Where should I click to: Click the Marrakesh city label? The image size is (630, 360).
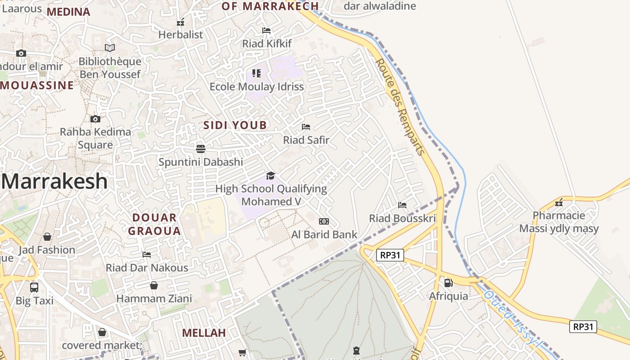[55, 182]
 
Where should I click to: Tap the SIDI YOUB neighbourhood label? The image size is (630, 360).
[235, 125]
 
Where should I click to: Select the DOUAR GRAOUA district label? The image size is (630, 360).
[154, 225]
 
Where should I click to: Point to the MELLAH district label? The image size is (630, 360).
[204, 333]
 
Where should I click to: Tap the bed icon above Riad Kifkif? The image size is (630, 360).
[266, 31]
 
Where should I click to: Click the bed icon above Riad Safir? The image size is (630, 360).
[306, 127]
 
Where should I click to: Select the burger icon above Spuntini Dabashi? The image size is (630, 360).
[201, 148]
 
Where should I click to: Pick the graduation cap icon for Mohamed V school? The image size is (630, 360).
[270, 175]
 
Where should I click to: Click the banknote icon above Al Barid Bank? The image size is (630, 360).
[324, 221]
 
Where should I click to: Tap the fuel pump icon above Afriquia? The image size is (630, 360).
[448, 283]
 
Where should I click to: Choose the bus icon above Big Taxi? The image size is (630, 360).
[34, 287]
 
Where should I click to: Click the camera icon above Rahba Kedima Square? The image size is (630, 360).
[95, 119]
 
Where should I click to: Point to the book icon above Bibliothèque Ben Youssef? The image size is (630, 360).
[110, 48]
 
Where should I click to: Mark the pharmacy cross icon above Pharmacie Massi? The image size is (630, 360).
[559, 203]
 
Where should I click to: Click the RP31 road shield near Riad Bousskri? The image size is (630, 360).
[390, 256]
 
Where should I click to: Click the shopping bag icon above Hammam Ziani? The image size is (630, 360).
[154, 285]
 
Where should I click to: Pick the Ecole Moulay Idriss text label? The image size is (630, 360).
[256, 86]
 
